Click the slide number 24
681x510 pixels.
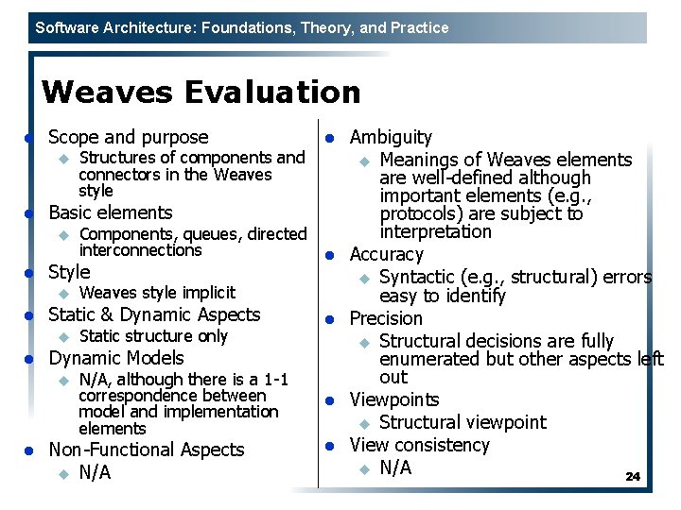pyautogui.click(x=633, y=477)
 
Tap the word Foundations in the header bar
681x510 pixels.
pyautogui.click(x=240, y=27)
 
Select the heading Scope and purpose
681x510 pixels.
pyautogui.click(x=128, y=137)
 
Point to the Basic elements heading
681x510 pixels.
pyautogui.click(x=110, y=212)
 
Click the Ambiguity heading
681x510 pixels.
pyautogui.click(x=391, y=138)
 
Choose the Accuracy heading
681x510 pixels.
pyautogui.click(x=387, y=254)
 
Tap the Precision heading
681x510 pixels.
pyautogui.click(x=386, y=318)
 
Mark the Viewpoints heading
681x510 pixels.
pyautogui.click(x=394, y=399)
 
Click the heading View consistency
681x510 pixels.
pyautogui.click(x=420, y=445)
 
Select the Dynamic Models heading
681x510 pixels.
pyautogui.click(x=115, y=358)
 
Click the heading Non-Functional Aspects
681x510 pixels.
pyautogui.click(x=146, y=450)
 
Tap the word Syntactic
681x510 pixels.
pyautogui.click(x=417, y=277)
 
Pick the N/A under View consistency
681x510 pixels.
pyautogui.click(x=395, y=467)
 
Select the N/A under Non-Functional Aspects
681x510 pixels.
pyautogui.click(x=95, y=472)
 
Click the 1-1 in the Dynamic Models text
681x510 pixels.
pyautogui.click(x=275, y=380)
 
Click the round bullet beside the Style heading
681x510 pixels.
pyautogui.click(x=29, y=274)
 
